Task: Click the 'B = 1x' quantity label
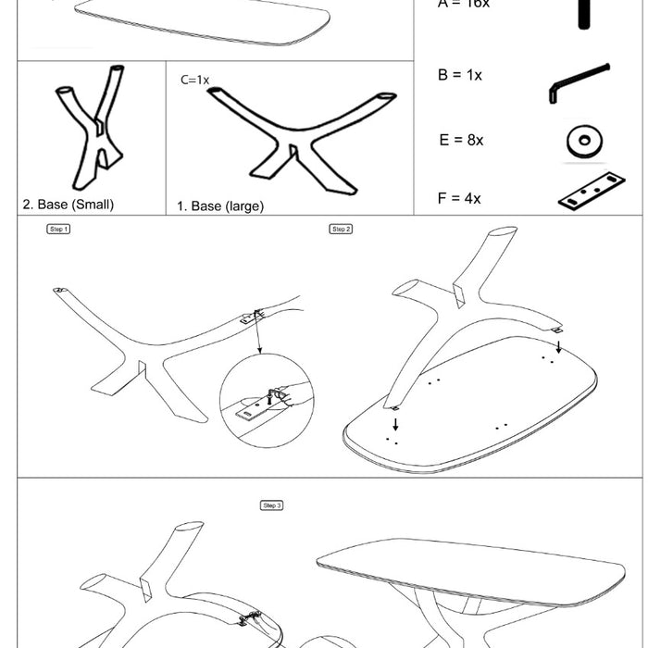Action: tap(459, 75)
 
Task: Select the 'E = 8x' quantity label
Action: tap(461, 140)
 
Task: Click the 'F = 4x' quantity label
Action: tap(459, 198)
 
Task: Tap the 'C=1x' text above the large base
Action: tap(195, 80)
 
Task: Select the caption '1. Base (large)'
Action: tap(220, 206)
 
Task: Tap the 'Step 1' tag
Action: tap(58, 229)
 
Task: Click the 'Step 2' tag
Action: tap(341, 229)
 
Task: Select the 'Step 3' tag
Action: tap(271, 505)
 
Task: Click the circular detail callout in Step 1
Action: tap(264, 405)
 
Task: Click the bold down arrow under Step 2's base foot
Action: tap(396, 424)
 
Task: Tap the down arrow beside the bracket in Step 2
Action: tap(557, 346)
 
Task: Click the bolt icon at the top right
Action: tap(583, 13)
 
